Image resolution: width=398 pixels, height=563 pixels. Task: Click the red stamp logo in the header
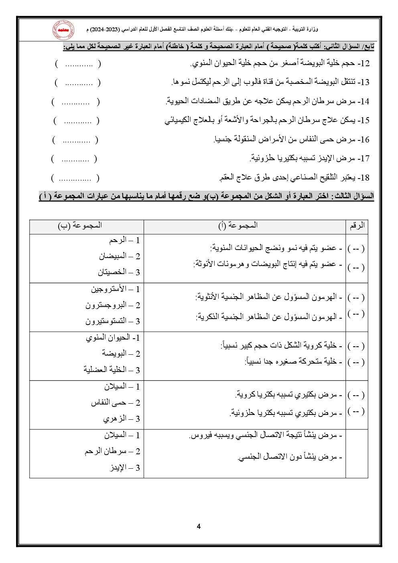point(63,30)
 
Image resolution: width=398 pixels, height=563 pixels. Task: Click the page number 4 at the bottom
point(199,526)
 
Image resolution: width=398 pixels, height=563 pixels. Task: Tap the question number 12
point(364,63)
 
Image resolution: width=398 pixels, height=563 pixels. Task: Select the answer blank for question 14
point(75,102)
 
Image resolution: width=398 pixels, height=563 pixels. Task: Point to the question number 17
point(364,159)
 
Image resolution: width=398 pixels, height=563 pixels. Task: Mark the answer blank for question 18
point(75,178)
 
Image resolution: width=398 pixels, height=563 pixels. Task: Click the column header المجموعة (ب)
point(80,226)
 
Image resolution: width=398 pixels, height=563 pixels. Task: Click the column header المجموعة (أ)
point(238,226)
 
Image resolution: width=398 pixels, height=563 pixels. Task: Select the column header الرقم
point(357,226)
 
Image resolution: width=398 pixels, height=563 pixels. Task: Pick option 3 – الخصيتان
point(119,272)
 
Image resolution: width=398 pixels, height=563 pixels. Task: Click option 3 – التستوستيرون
point(112,321)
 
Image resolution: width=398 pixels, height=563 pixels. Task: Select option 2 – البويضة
point(121,354)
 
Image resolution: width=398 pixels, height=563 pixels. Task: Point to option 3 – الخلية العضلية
point(112,370)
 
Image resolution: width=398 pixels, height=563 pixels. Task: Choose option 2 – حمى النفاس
point(115,402)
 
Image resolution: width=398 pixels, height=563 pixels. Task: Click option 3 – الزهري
point(121,419)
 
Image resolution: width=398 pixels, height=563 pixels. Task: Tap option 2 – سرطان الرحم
point(112,451)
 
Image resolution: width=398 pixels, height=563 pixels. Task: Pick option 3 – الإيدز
point(125,467)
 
